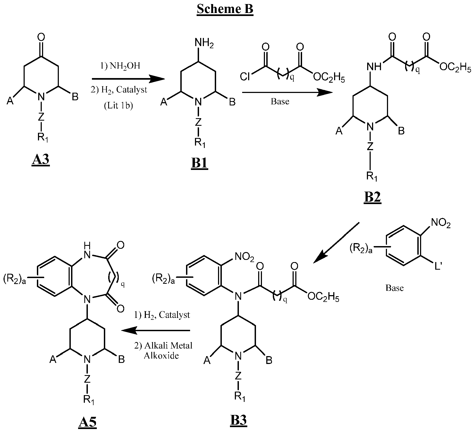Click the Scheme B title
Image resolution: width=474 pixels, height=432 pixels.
click(x=225, y=9)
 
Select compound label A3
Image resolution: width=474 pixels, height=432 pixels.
click(x=41, y=160)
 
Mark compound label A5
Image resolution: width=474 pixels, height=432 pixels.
click(x=87, y=422)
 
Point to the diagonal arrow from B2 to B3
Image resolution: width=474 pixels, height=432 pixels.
click(x=336, y=242)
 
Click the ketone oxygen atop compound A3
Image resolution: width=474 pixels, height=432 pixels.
click(x=41, y=37)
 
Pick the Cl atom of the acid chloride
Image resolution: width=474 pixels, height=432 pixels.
click(x=245, y=77)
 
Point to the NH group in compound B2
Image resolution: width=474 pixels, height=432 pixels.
click(x=374, y=66)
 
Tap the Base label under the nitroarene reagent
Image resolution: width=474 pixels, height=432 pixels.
click(x=395, y=288)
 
